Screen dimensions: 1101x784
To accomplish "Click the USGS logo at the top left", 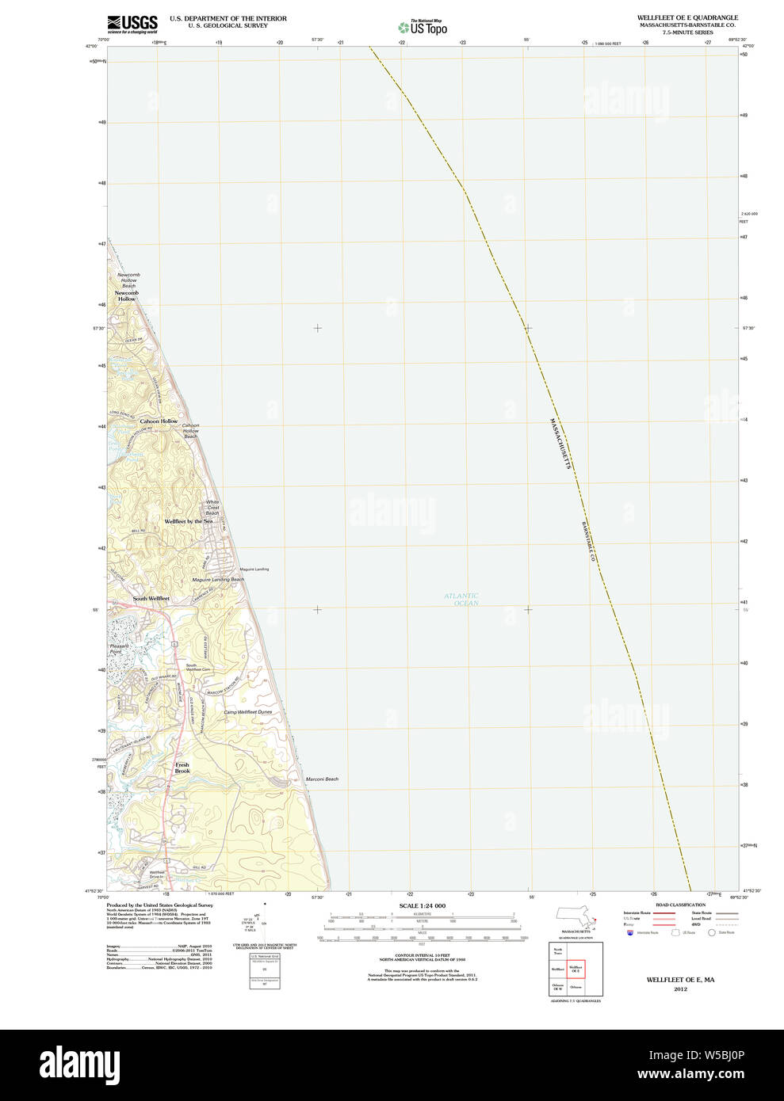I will [132, 24].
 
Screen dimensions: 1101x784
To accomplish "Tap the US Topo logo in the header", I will [423, 28].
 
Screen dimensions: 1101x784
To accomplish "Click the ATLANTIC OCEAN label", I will [461, 600].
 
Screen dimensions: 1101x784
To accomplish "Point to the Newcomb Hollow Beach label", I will [128, 280].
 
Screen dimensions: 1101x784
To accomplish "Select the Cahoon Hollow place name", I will [159, 421].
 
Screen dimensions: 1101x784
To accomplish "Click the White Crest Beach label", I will [212, 508].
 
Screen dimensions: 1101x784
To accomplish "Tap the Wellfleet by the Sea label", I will [189, 521].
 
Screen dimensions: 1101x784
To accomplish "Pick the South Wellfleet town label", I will [151, 599].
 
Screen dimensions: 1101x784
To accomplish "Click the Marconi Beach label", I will [322, 779].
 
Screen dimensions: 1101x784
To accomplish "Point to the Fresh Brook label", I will [182, 768].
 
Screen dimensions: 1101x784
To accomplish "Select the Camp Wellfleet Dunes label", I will [247, 712].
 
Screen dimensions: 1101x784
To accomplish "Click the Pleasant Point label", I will [119, 649].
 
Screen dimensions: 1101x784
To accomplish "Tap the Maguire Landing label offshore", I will [254, 569].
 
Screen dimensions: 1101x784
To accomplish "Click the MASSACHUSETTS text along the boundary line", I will [560, 444].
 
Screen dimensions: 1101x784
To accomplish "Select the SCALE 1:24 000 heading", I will [422, 905].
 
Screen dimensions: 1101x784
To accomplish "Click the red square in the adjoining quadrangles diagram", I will [576, 968].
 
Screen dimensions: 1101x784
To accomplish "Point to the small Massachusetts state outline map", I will [576, 918].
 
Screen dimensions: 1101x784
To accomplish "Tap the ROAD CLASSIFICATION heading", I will [680, 905].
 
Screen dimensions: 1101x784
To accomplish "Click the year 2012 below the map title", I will [680, 989].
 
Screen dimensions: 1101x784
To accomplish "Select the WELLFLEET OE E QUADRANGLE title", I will [687, 17].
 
